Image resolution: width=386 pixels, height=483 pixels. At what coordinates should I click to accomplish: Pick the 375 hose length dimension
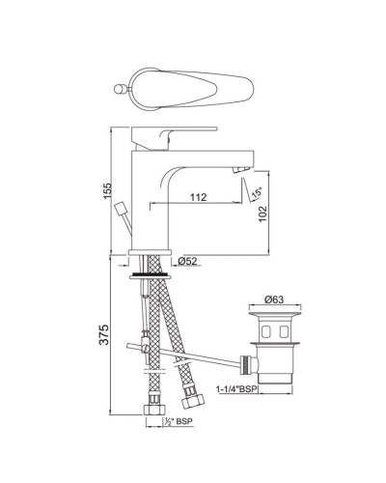(x=107, y=336)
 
